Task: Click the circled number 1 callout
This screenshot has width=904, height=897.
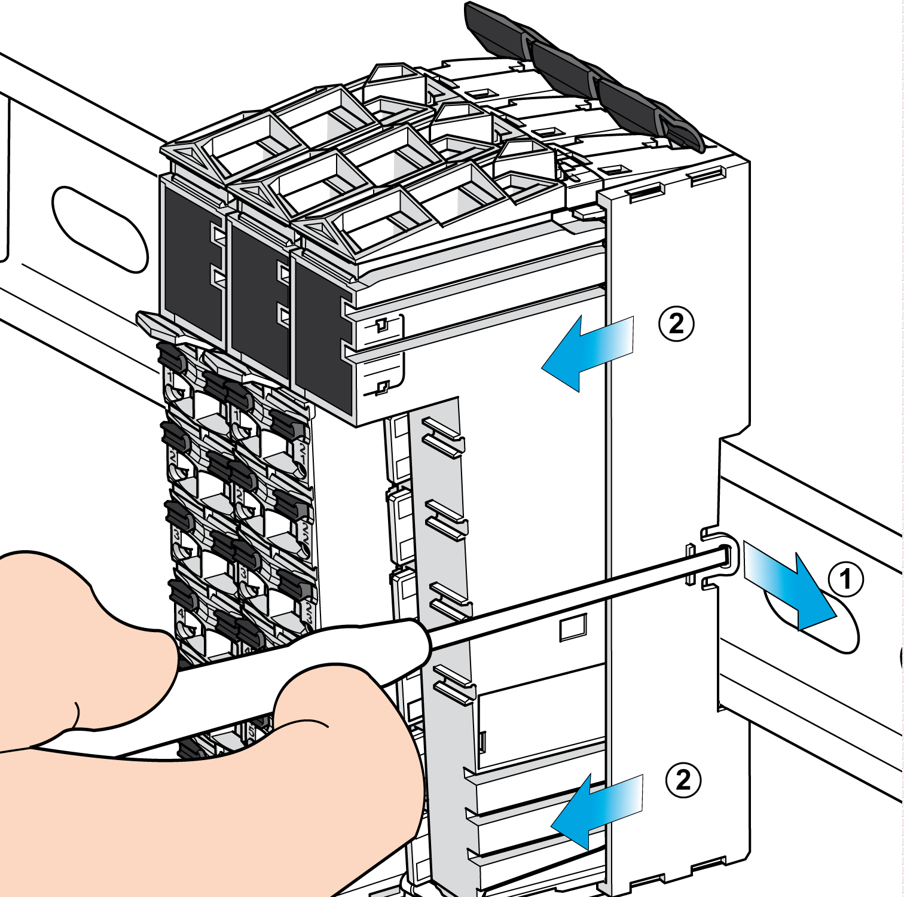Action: tap(845, 579)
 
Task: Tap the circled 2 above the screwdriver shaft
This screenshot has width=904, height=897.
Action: tap(676, 324)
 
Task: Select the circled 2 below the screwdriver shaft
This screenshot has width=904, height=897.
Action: tap(683, 780)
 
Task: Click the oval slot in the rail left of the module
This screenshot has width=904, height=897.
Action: tap(100, 229)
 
